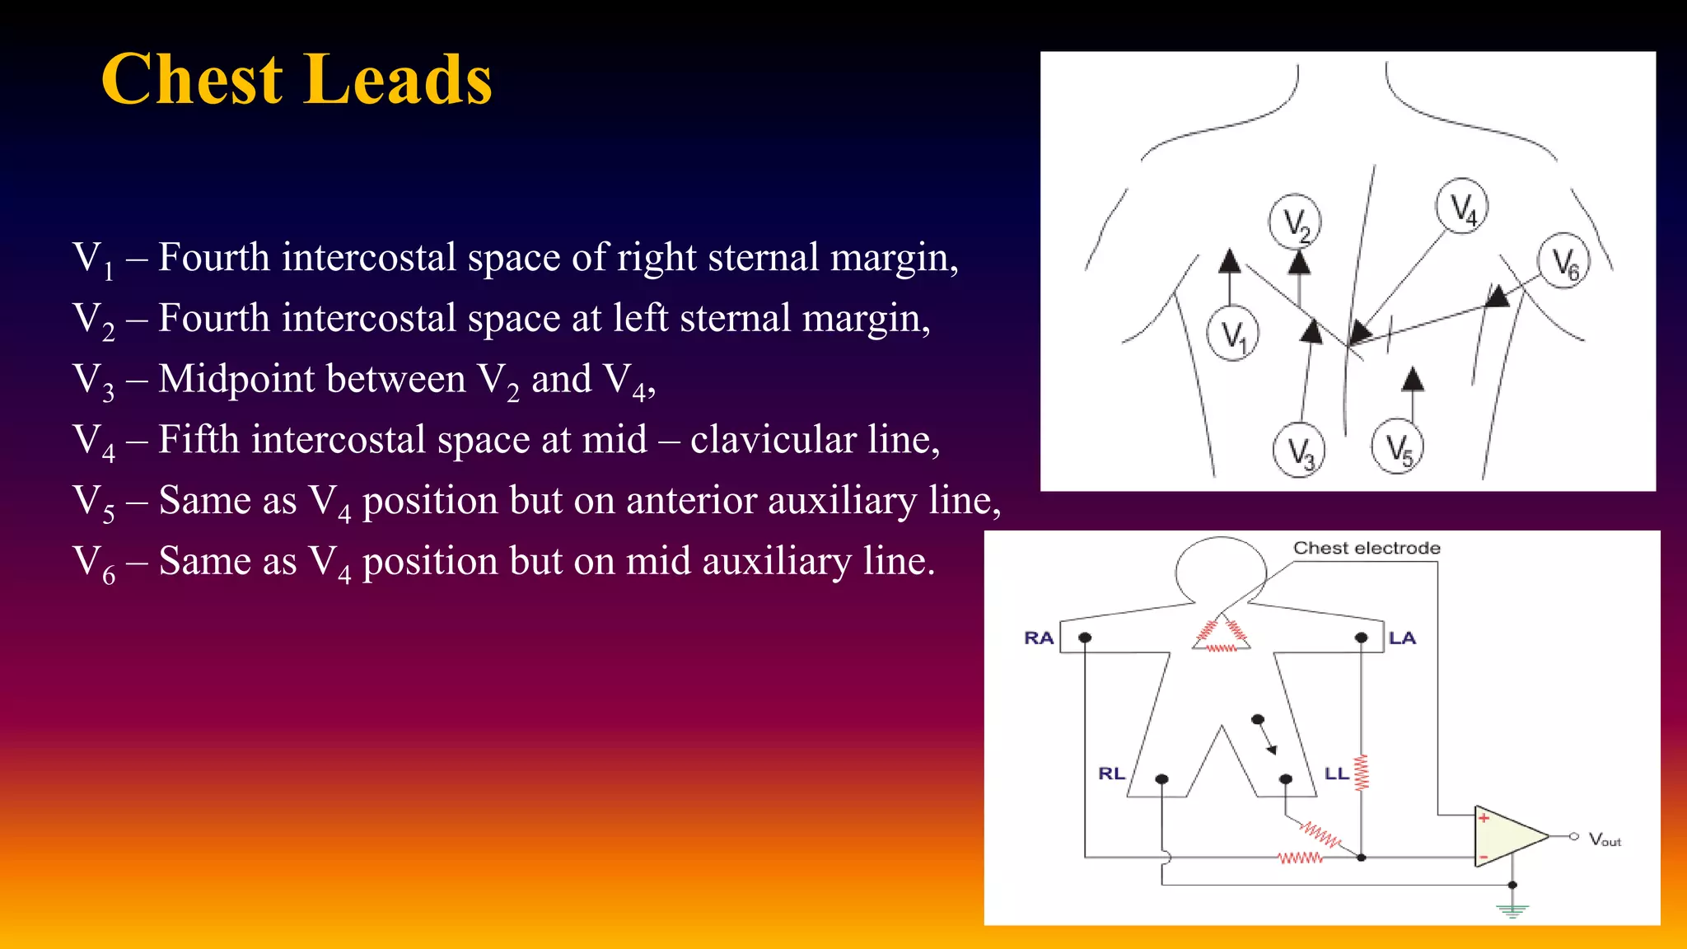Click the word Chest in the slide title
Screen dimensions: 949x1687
pyautogui.click(x=192, y=79)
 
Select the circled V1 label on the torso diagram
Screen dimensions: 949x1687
pyautogui.click(x=1232, y=334)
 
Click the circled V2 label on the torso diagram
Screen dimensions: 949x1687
pyautogui.click(x=1295, y=222)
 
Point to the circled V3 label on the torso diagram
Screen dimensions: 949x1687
pyautogui.click(x=1299, y=451)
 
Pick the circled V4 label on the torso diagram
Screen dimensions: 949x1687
pyautogui.click(x=1461, y=206)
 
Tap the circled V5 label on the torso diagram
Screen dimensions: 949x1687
pyautogui.click(x=1398, y=447)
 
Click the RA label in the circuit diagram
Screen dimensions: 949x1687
pyautogui.click(x=1039, y=638)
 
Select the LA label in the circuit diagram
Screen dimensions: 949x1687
pyautogui.click(x=1402, y=638)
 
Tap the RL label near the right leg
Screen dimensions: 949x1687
pyautogui.click(x=1111, y=774)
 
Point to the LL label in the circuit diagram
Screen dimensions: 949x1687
pyautogui.click(x=1336, y=774)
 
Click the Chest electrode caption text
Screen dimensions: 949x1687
pyautogui.click(x=1367, y=548)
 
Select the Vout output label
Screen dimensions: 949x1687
pyautogui.click(x=1604, y=839)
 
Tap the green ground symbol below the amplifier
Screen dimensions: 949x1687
pyautogui.click(x=1512, y=909)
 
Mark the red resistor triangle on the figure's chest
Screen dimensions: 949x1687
pyautogui.click(x=1221, y=635)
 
